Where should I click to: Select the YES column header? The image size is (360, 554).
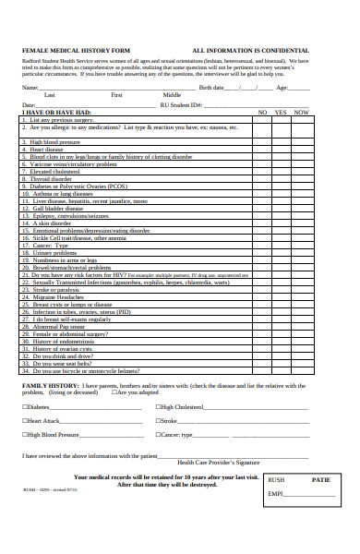pyautogui.click(x=282, y=112)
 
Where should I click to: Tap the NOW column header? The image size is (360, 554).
pyautogui.click(x=301, y=112)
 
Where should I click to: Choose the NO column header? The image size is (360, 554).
pyautogui.click(x=262, y=112)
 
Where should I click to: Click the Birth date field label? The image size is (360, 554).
pyautogui.click(x=211, y=88)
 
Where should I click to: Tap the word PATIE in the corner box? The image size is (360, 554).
pyautogui.click(x=320, y=480)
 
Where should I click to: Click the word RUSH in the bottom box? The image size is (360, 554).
pyautogui.click(x=275, y=480)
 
